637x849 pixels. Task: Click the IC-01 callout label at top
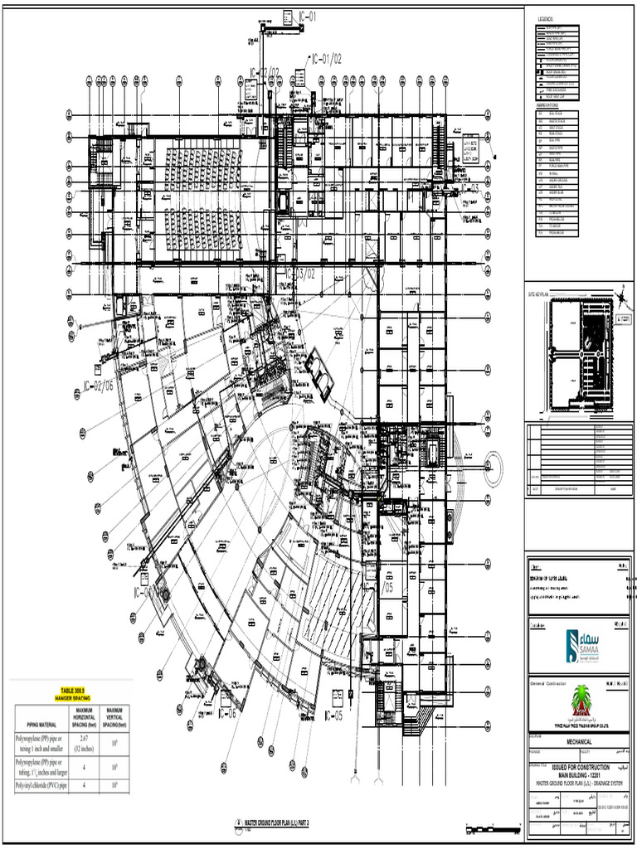point(307,16)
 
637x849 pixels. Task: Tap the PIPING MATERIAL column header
point(38,722)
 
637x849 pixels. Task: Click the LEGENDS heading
point(545,18)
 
